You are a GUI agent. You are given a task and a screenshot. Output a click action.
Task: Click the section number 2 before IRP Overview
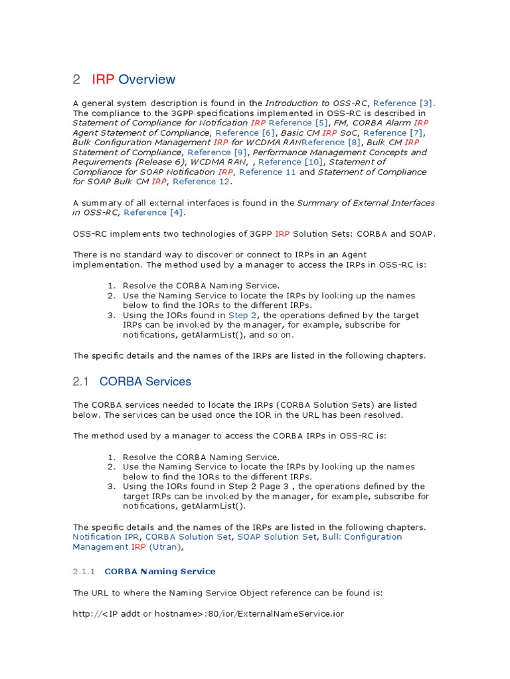click(76, 80)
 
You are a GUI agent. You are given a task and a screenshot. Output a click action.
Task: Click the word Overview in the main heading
click(147, 80)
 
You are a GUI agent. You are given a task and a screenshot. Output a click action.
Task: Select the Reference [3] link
click(403, 103)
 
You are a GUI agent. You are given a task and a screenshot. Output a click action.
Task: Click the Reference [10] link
click(290, 162)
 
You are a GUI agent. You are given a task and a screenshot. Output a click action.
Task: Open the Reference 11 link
click(268, 172)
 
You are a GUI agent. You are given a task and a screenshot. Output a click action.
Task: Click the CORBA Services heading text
click(145, 382)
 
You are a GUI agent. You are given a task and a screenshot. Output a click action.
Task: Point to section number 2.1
click(80, 382)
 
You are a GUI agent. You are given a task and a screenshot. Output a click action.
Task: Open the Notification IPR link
click(106, 537)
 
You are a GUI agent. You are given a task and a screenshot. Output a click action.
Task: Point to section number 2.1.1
click(84, 572)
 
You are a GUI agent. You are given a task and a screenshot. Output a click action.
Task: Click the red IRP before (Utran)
click(138, 547)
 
